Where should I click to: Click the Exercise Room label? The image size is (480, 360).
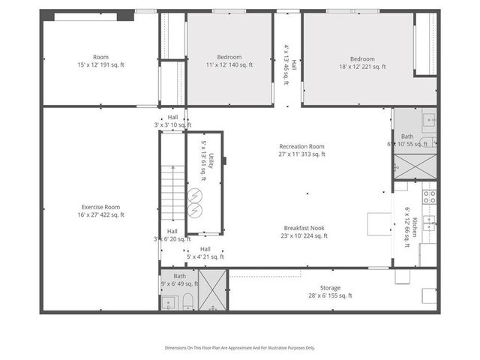tap(101, 211)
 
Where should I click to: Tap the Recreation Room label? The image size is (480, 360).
tap(301, 151)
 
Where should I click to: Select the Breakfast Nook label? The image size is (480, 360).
tap(305, 232)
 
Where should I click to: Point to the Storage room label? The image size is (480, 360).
tap(330, 292)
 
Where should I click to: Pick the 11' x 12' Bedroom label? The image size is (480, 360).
tap(229, 61)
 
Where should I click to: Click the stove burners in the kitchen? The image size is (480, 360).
tap(430, 197)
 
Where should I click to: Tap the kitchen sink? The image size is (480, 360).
tap(429, 221)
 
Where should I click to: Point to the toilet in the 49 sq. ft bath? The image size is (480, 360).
tap(188, 301)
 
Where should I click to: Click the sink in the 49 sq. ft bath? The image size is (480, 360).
tap(167, 302)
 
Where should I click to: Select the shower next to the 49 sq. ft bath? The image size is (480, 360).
tap(214, 289)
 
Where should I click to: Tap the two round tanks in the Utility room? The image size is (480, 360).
tap(196, 200)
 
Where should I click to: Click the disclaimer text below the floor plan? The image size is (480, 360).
tap(240, 347)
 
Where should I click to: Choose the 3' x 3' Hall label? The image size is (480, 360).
tap(172, 121)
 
